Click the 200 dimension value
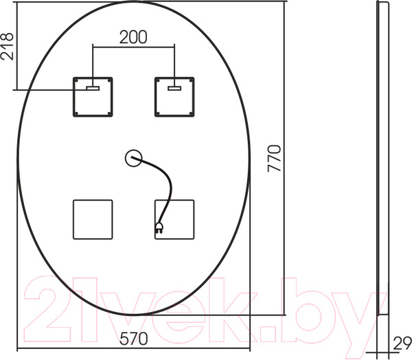[133, 37]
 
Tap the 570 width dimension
[134, 338]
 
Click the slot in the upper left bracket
[93, 88]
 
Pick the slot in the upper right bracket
[174, 88]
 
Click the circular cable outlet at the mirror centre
[133, 159]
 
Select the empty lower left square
[93, 219]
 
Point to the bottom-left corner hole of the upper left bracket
[78, 111]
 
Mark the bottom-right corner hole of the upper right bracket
[190, 111]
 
